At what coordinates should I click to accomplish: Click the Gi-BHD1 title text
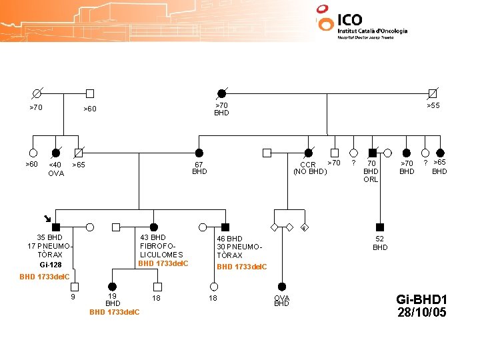pyautogui.click(x=421, y=299)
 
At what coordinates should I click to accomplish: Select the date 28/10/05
pyautogui.click(x=421, y=313)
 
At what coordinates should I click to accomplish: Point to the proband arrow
pyautogui.click(x=47, y=217)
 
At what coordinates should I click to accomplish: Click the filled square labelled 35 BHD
pyautogui.click(x=57, y=227)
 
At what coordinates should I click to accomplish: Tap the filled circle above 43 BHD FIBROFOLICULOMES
pyautogui.click(x=154, y=227)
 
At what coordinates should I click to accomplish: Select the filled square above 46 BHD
pyautogui.click(x=225, y=227)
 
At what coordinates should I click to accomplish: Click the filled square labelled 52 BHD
pyautogui.click(x=380, y=227)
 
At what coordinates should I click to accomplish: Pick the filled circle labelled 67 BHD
pyautogui.click(x=199, y=153)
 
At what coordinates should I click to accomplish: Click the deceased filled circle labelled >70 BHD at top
pyautogui.click(x=221, y=93)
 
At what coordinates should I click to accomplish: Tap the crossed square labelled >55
pyautogui.click(x=433, y=93)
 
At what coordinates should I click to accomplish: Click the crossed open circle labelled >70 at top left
pyautogui.click(x=37, y=93)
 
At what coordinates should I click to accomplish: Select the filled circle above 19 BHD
pyautogui.click(x=113, y=287)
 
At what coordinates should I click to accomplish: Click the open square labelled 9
pyautogui.click(x=75, y=287)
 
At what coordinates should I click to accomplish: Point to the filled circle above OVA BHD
pyautogui.click(x=282, y=287)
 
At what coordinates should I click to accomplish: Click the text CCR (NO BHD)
pyautogui.click(x=310, y=169)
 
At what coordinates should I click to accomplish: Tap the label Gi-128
pyautogui.click(x=51, y=265)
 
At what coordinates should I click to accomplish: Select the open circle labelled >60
pyautogui.click(x=32, y=153)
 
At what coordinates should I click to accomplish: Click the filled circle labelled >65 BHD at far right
pyautogui.click(x=440, y=153)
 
